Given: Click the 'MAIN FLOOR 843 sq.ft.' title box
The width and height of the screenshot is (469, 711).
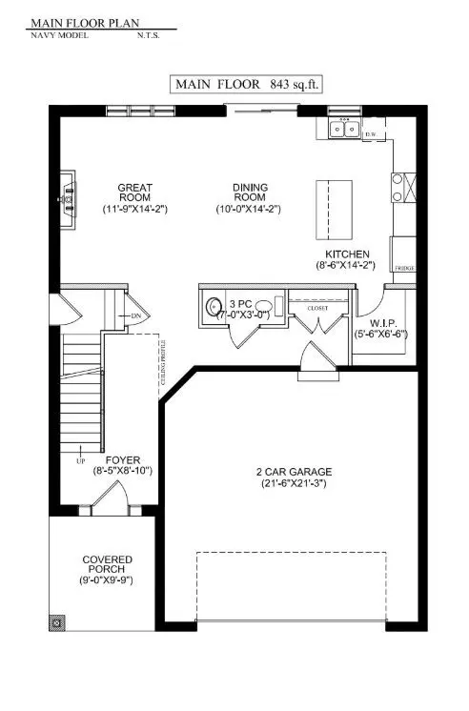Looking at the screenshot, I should click(245, 84).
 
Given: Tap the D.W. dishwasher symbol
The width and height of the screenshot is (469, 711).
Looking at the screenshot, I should click(373, 133).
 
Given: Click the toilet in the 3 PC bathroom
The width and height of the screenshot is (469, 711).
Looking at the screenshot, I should click(212, 308).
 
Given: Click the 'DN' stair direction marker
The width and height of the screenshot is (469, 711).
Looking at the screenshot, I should click(134, 315).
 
